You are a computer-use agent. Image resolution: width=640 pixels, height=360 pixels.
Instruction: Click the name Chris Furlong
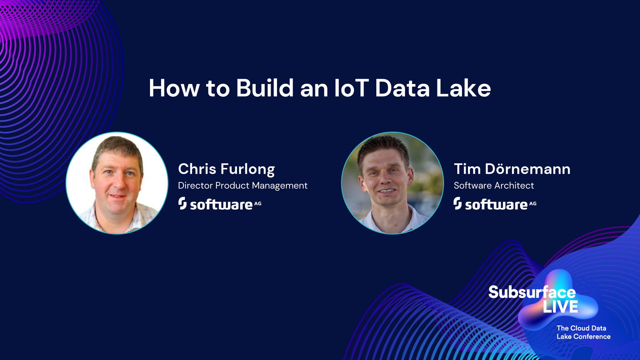[226, 169]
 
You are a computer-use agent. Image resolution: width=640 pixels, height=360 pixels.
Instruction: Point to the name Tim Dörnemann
[512, 169]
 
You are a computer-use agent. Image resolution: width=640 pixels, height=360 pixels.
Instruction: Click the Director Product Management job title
[243, 185]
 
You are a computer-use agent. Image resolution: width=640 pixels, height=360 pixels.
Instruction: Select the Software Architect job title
[494, 185]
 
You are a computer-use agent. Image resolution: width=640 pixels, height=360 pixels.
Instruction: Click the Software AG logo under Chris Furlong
[220, 204]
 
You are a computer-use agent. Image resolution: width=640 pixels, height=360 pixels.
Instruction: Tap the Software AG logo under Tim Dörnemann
[495, 204]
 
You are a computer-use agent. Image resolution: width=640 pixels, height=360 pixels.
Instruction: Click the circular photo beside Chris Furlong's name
[117, 183]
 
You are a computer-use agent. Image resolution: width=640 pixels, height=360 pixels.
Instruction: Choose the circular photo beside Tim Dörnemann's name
[392, 183]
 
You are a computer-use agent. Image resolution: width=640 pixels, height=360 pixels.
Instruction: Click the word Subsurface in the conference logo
[532, 292]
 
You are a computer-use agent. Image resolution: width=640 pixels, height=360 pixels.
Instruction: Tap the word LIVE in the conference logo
[560, 307]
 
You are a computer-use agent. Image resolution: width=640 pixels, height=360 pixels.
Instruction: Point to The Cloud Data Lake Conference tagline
[583, 332]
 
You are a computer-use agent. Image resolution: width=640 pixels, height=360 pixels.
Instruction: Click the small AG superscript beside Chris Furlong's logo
[258, 203]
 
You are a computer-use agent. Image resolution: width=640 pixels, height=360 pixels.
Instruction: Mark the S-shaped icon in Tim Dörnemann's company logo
[457, 203]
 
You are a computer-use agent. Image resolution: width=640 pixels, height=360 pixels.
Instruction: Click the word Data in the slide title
[402, 88]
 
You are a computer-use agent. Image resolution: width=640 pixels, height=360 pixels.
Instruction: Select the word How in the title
[174, 88]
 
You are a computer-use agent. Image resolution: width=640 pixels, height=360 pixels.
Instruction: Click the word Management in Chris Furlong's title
[280, 186]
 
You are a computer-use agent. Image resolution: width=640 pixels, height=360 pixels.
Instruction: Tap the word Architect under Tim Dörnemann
[514, 185]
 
